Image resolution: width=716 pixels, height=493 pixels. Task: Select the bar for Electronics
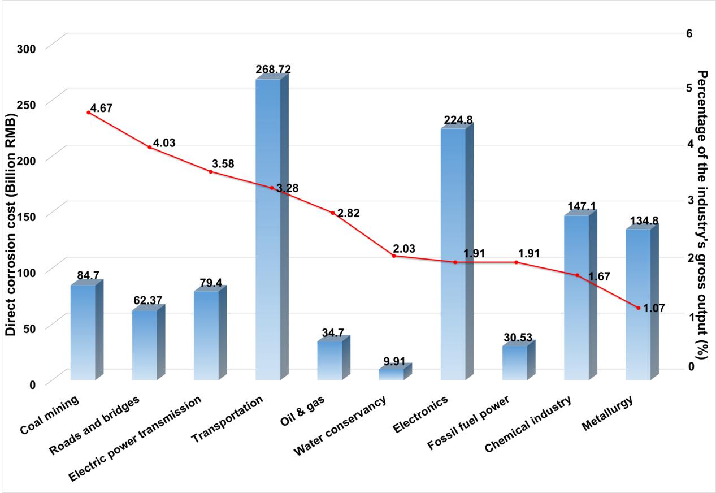[x=453, y=254]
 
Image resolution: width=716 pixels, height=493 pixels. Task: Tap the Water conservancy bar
[x=391, y=374]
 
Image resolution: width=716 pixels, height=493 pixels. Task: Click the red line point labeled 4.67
[x=88, y=113]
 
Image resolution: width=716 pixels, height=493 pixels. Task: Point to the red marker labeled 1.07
[x=639, y=308]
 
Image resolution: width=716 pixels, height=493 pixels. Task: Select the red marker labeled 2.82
[x=333, y=213]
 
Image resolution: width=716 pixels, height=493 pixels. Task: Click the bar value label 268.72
[x=274, y=70]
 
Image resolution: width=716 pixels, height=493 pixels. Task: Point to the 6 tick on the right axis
[x=689, y=33]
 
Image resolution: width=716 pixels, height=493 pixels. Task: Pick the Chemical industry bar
[x=576, y=297]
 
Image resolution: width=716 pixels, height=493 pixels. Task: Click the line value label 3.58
[x=223, y=164]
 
